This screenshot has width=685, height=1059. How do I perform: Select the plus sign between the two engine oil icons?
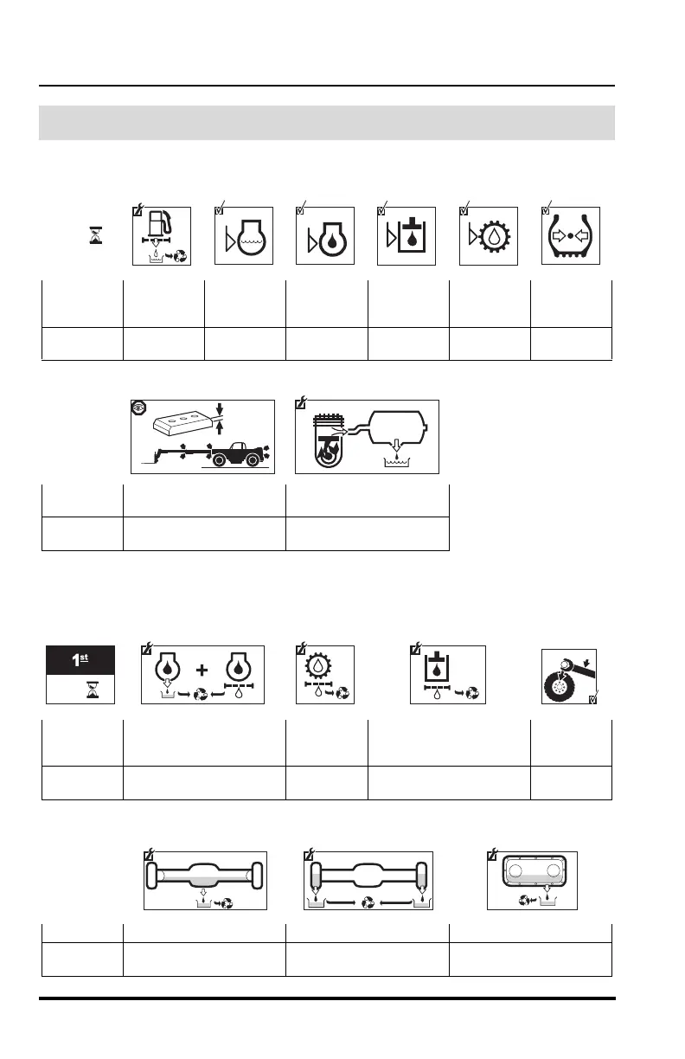[x=202, y=669]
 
